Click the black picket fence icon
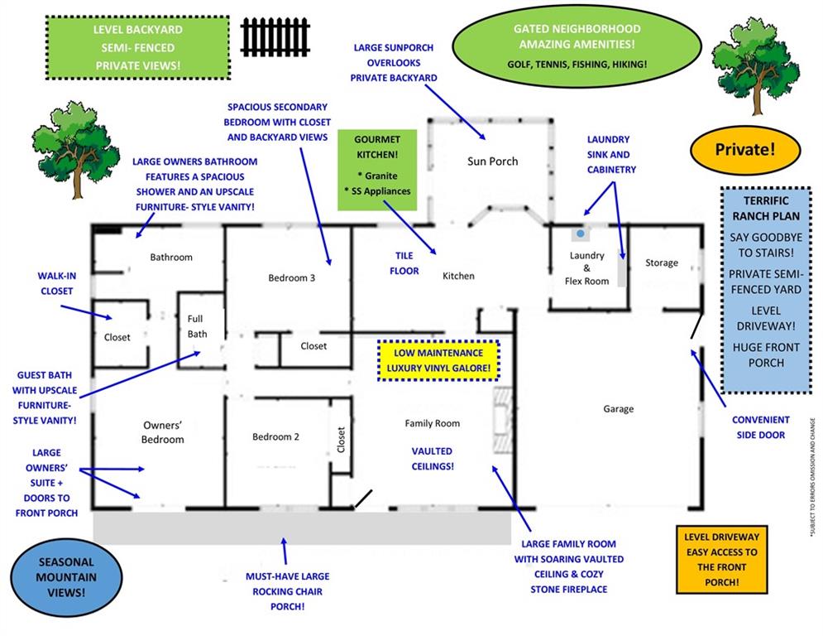click(275, 36)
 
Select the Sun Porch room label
click(491, 161)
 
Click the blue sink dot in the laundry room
click(581, 234)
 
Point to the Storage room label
click(661, 263)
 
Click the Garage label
click(618, 409)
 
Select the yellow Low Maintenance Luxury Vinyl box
click(438, 359)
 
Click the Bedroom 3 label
click(291, 278)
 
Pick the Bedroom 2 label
click(275, 436)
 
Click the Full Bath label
click(197, 326)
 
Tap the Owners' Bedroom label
click(162, 432)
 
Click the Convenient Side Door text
click(760, 427)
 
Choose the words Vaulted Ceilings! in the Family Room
click(433, 459)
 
